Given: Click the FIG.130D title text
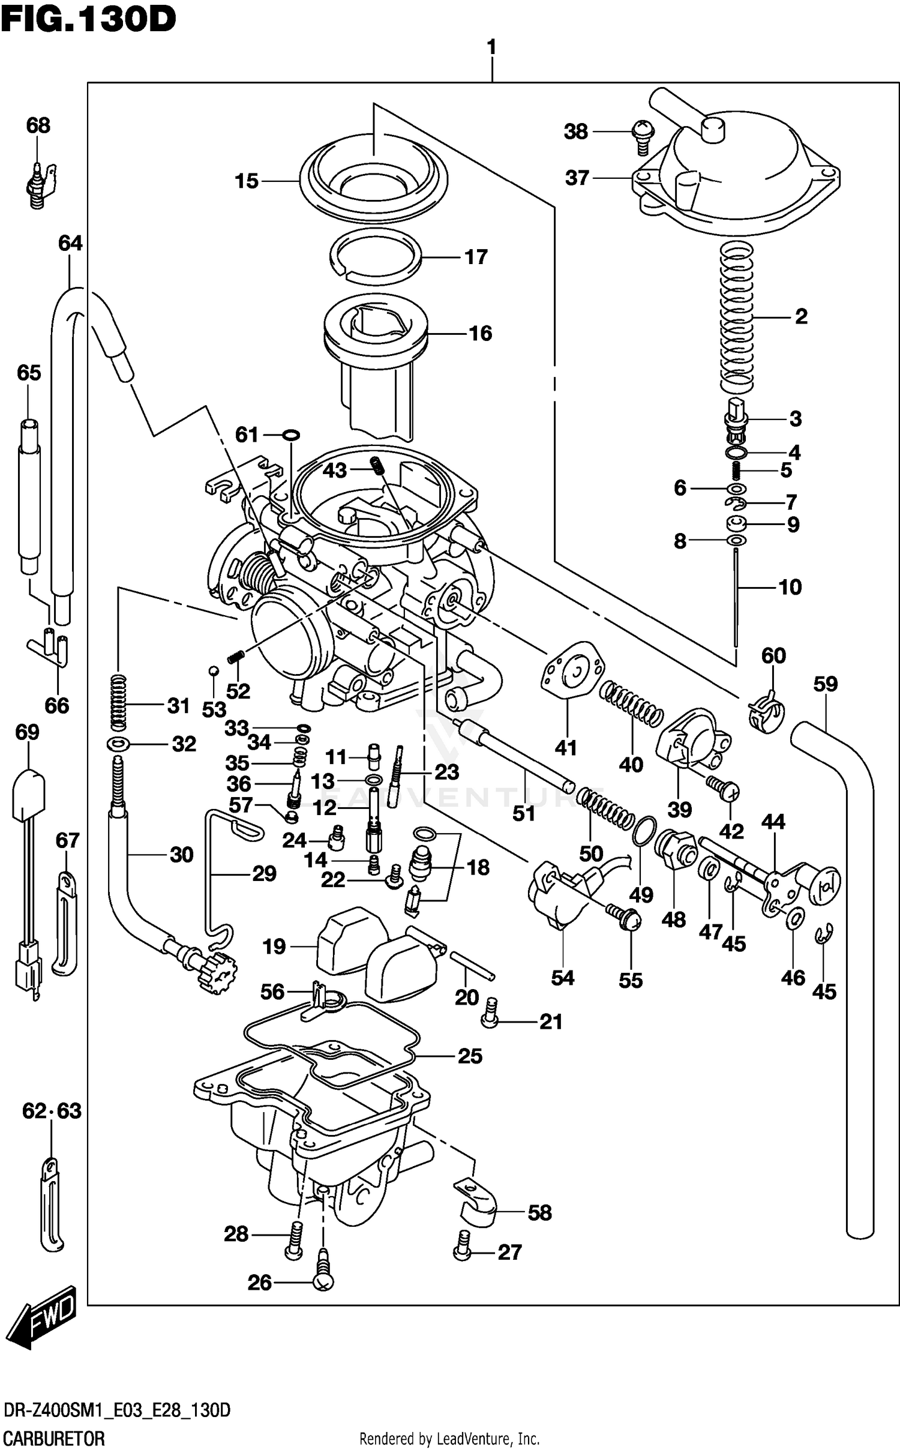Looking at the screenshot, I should tap(88, 19).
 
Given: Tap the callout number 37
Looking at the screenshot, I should tap(577, 178).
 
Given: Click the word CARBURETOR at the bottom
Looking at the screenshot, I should tap(54, 1439).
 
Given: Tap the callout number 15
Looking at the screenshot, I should tap(247, 181).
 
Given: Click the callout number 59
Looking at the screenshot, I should tap(826, 684).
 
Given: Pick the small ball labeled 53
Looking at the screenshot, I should tap(212, 670).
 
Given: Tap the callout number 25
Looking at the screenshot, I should tap(470, 1056).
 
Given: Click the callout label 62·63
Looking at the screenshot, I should tap(52, 1111).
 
